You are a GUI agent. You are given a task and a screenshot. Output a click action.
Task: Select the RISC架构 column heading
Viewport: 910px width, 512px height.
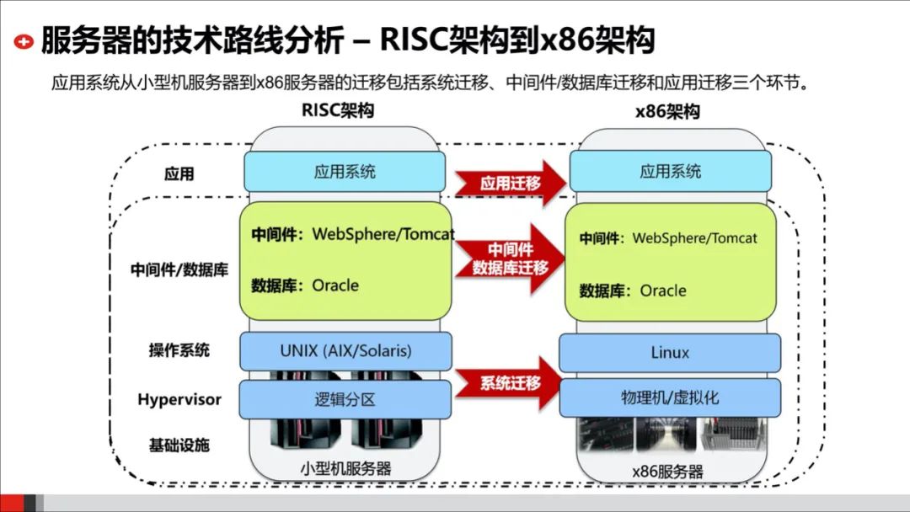tap(337, 111)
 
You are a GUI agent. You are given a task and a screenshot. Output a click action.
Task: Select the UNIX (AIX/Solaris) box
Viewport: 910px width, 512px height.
tap(345, 350)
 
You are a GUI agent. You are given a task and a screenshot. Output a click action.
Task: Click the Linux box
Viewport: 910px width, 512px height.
tap(670, 353)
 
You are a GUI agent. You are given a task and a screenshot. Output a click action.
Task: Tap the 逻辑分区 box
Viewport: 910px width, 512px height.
tap(345, 399)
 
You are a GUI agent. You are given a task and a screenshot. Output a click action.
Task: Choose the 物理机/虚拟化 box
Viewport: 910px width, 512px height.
tap(670, 397)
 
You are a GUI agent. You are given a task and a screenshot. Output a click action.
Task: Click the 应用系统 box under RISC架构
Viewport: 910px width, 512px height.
tap(345, 172)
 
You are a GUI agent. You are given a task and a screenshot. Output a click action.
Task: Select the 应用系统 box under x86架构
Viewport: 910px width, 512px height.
tap(670, 172)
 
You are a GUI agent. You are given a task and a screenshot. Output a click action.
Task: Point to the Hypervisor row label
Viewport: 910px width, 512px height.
tap(179, 399)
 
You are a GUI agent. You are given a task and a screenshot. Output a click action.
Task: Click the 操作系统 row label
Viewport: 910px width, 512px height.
tap(179, 349)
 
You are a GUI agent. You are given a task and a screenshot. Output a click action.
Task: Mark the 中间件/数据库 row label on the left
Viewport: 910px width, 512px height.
tap(179, 270)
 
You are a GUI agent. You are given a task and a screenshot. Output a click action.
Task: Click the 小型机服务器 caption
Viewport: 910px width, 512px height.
tap(345, 468)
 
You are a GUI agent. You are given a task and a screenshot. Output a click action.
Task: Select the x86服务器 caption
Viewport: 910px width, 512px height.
tap(670, 471)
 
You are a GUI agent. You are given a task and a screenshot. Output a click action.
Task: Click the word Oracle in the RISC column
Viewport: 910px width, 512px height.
tap(335, 285)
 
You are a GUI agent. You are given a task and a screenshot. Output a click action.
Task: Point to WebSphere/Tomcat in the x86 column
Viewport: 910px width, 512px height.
tap(694, 238)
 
